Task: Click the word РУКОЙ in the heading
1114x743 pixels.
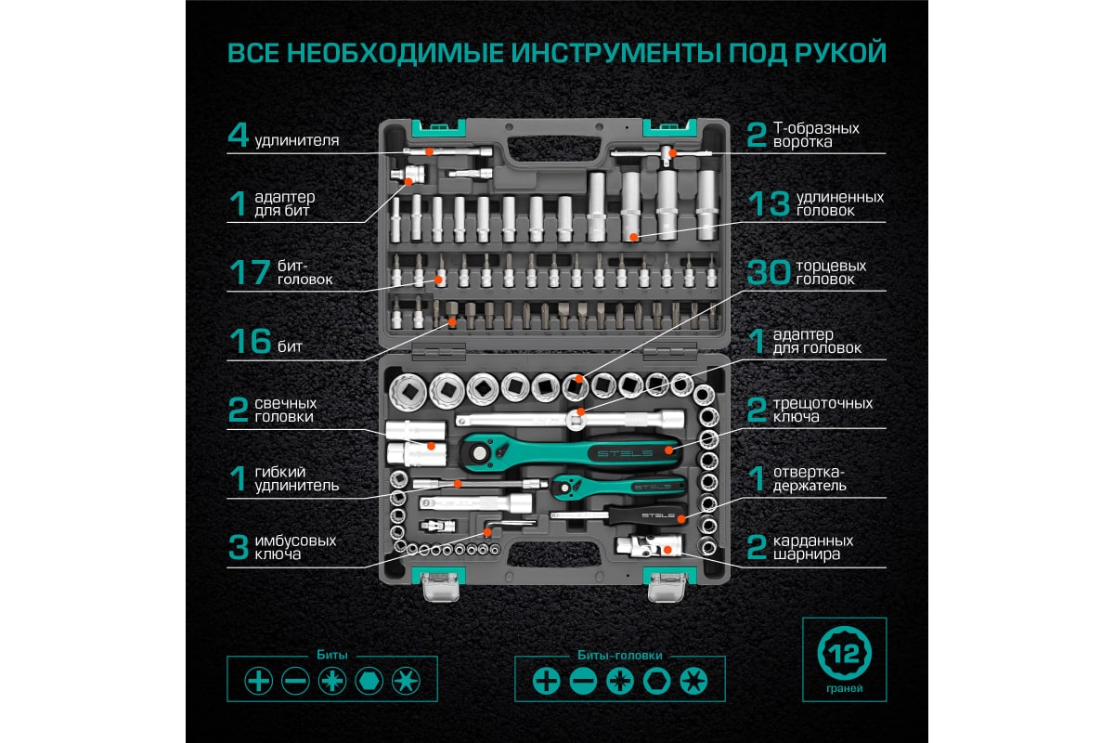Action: click(x=840, y=53)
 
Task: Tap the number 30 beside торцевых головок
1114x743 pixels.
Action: click(x=769, y=273)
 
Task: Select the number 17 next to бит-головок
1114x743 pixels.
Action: click(x=250, y=273)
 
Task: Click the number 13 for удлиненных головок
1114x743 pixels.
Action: click(x=769, y=204)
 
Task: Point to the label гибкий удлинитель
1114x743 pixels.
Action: click(x=296, y=478)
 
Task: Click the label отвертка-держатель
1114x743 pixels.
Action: click(x=810, y=478)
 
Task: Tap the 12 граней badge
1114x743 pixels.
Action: click(x=844, y=659)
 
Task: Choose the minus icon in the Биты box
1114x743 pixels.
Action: click(x=295, y=681)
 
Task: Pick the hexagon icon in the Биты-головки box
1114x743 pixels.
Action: click(x=656, y=681)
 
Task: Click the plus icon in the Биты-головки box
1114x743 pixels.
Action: click(x=546, y=681)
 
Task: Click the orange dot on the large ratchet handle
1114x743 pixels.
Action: click(x=669, y=450)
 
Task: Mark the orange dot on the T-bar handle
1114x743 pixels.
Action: click(x=672, y=153)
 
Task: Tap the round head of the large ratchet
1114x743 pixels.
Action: click(x=479, y=453)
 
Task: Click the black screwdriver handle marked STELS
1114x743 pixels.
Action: click(x=645, y=515)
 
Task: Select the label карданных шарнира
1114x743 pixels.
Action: click(x=812, y=547)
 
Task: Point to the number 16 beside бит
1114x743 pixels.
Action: click(x=250, y=342)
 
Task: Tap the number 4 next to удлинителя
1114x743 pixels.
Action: click(x=239, y=136)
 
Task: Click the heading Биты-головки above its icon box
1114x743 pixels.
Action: click(x=620, y=656)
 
